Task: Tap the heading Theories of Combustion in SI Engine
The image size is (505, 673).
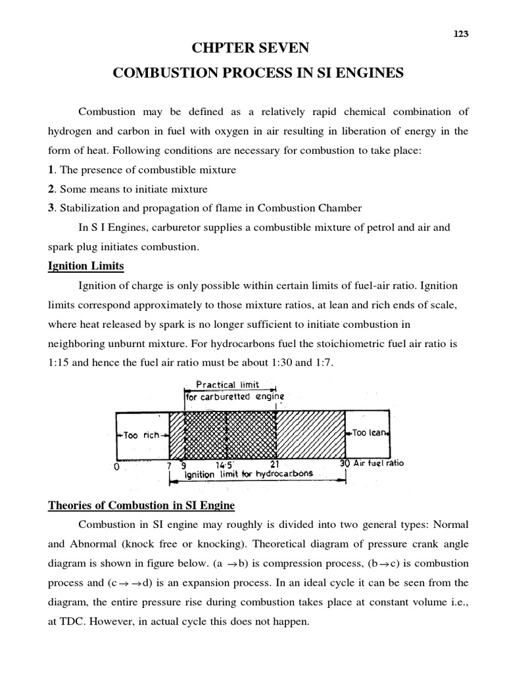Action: click(141, 505)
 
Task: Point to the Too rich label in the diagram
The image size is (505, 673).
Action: click(141, 435)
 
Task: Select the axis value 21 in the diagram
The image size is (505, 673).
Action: click(276, 463)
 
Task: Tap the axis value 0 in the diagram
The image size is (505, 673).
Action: click(116, 467)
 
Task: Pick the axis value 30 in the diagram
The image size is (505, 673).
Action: click(345, 463)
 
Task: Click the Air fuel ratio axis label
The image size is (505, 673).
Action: click(379, 463)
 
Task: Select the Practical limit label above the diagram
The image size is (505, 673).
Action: click(228, 384)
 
